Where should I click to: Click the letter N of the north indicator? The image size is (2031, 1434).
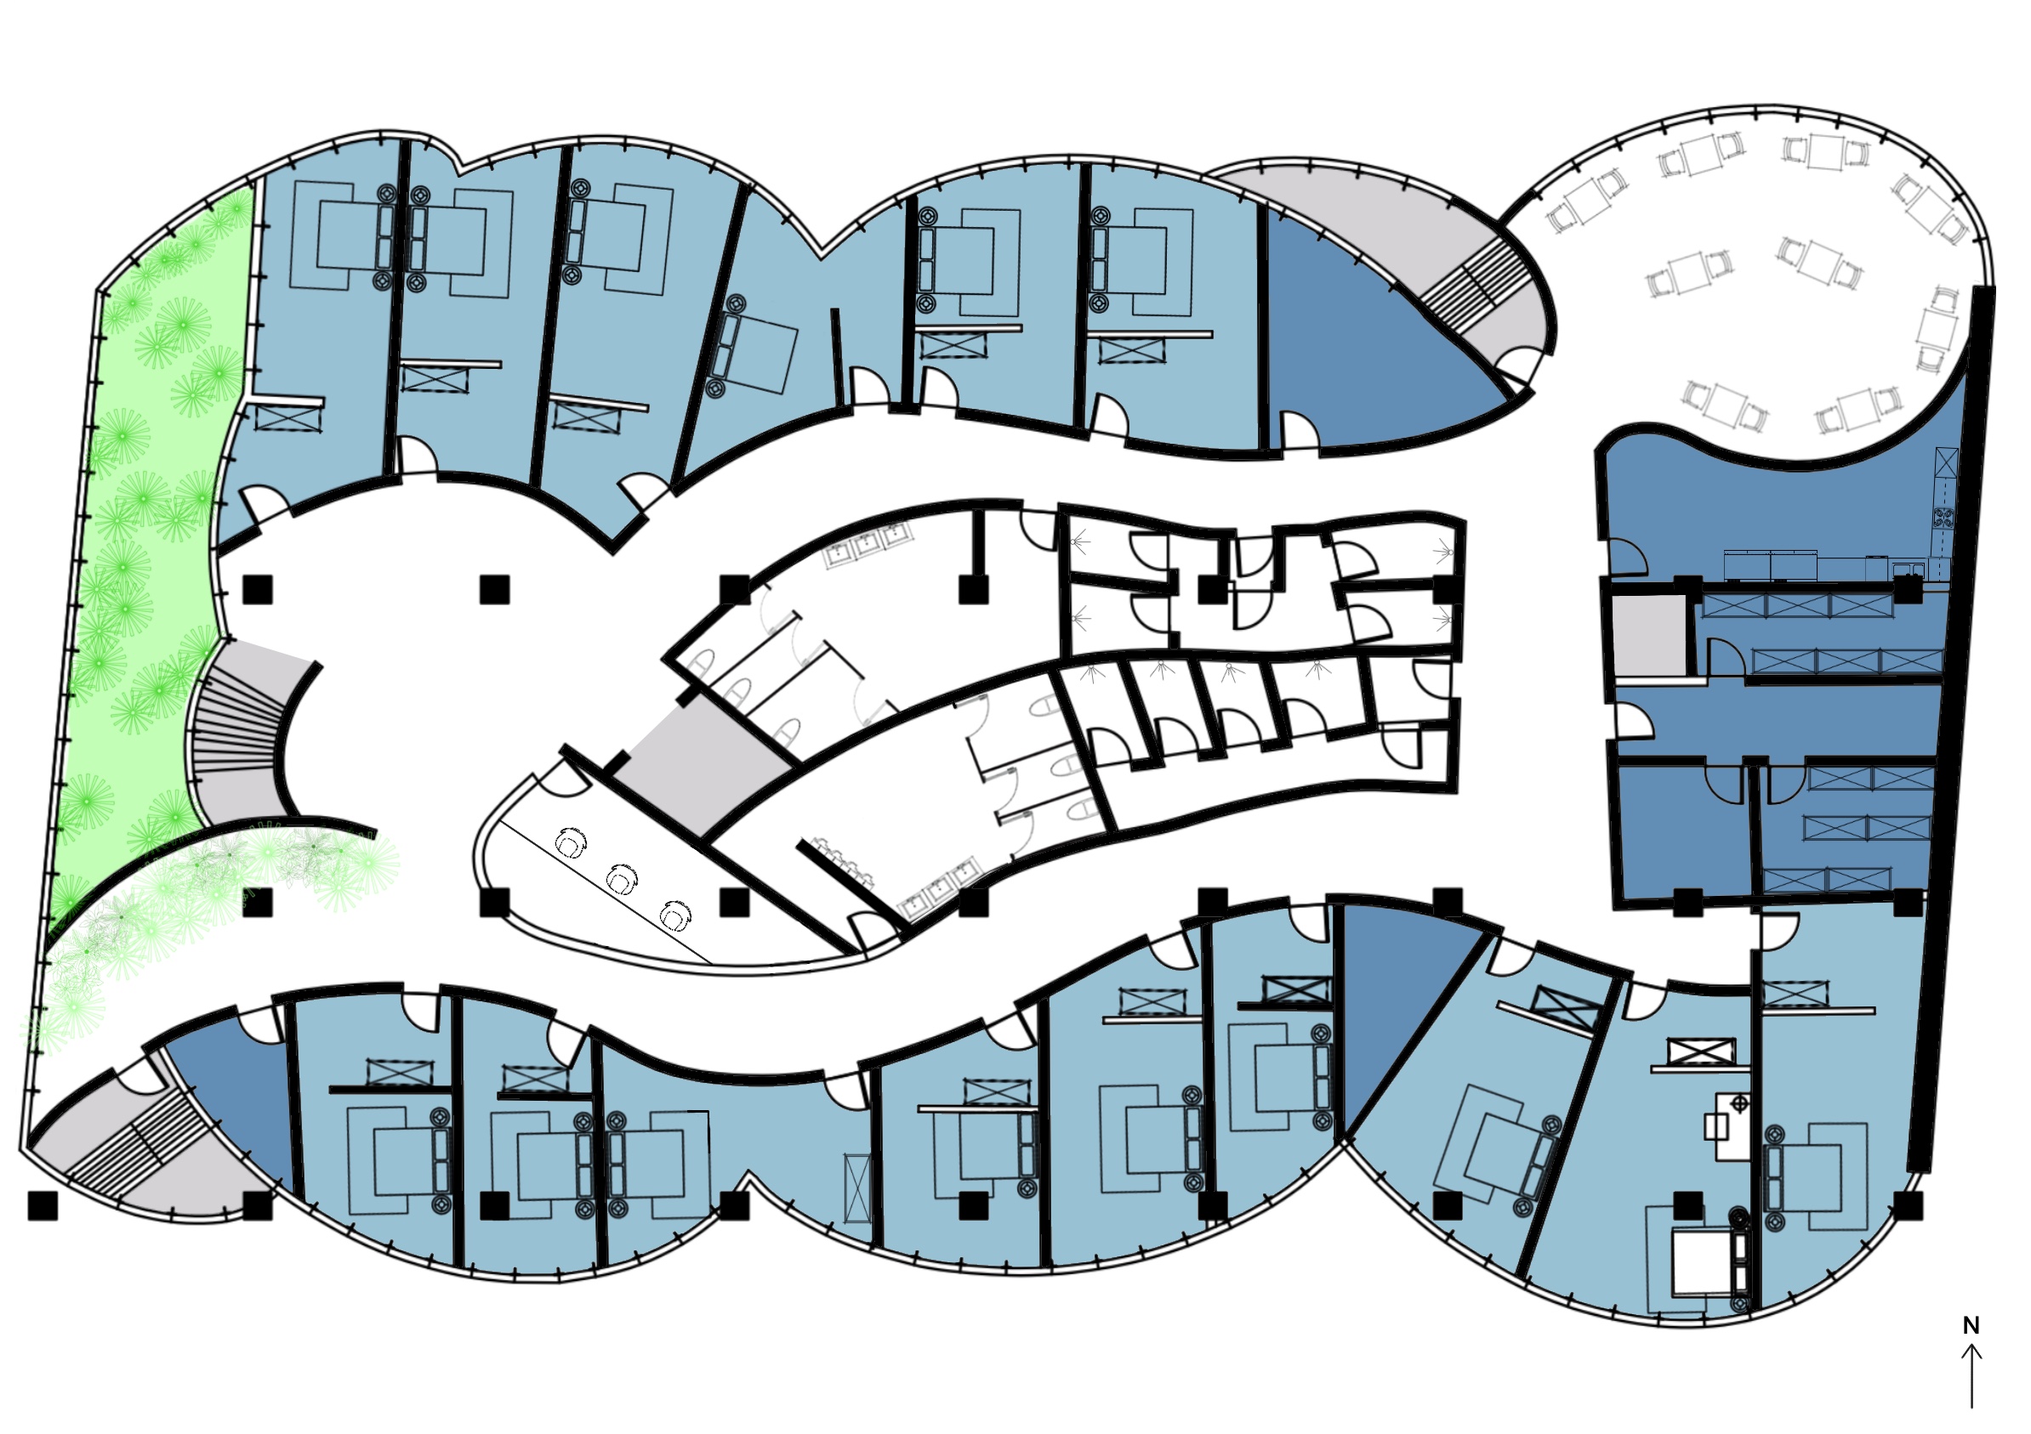click(1971, 1326)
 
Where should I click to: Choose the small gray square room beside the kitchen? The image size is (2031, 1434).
click(1649, 636)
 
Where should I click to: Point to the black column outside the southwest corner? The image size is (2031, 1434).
click(43, 1205)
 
